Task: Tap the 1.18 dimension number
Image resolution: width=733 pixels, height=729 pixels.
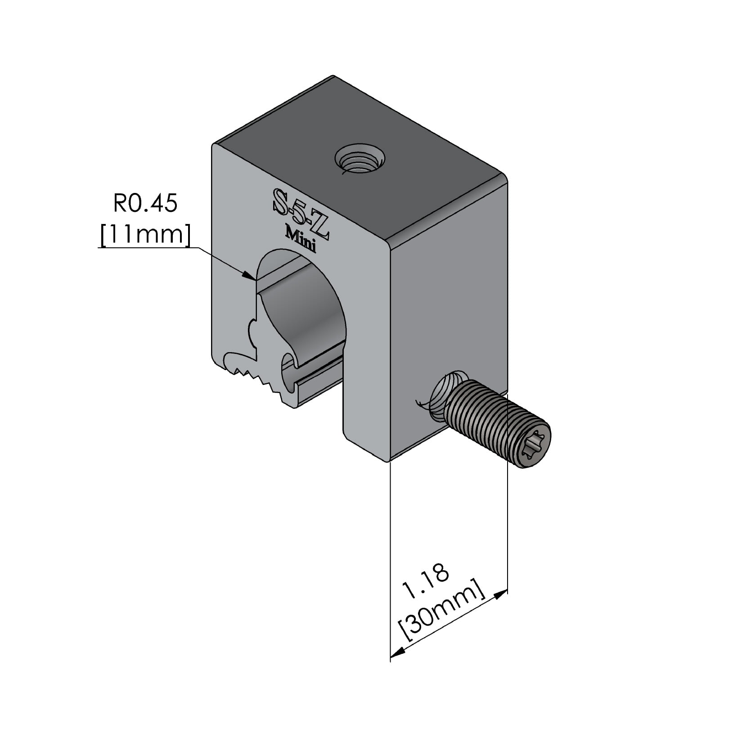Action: point(425,581)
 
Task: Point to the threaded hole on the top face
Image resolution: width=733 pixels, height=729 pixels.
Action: point(360,160)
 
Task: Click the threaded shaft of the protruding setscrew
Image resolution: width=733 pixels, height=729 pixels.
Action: point(490,414)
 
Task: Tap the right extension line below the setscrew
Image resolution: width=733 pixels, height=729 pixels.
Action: point(508,517)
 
